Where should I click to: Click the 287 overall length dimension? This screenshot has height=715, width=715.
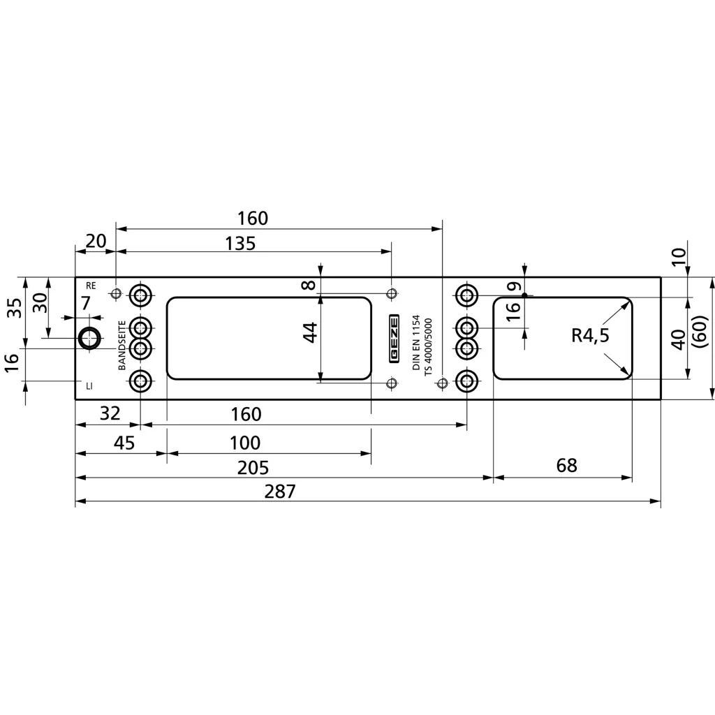[x=280, y=492]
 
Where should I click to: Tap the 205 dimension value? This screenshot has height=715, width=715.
[x=253, y=468]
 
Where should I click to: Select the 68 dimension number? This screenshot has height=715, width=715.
[x=567, y=466]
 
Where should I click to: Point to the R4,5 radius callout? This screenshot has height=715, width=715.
[x=590, y=336]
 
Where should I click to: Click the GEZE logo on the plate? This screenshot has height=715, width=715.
[x=394, y=339]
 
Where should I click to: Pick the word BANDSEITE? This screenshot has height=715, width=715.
[x=121, y=345]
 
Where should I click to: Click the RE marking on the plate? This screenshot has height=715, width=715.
[x=91, y=286]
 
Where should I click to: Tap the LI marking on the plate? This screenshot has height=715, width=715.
[x=89, y=386]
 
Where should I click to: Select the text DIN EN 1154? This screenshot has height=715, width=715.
[x=416, y=342]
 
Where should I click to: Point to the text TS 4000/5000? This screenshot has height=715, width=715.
[x=428, y=347]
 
